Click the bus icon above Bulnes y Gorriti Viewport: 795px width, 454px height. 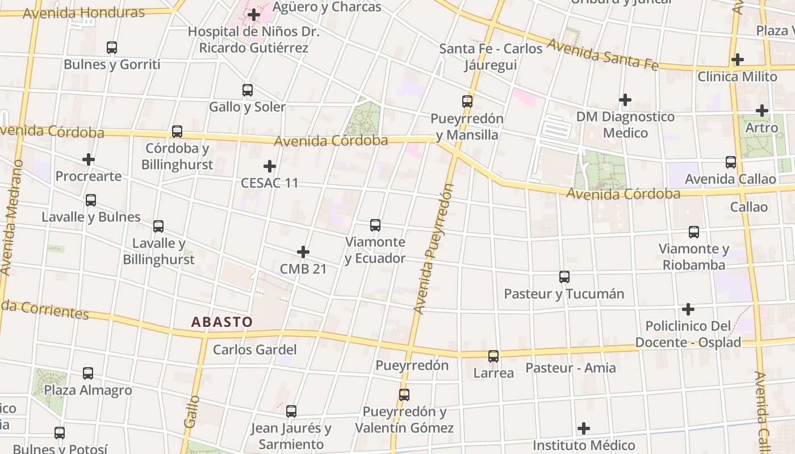pyautogui.click(x=112, y=48)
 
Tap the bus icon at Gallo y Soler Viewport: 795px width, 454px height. pyautogui.click(x=248, y=90)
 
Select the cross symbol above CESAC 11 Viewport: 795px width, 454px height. pyautogui.click(x=270, y=166)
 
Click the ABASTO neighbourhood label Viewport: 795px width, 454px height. pyautogui.click(x=222, y=322)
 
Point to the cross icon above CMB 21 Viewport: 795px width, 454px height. pyautogui.click(x=303, y=252)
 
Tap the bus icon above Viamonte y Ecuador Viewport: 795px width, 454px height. pyautogui.click(x=375, y=225)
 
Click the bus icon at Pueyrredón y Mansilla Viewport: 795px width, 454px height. pyautogui.click(x=467, y=102)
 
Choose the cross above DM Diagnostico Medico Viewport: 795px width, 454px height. pyautogui.click(x=625, y=100)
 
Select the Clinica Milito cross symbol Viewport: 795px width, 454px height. pyautogui.click(x=738, y=59)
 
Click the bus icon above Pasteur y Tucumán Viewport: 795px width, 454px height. pyautogui.click(x=564, y=277)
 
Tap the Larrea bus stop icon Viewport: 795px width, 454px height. pyautogui.click(x=493, y=356)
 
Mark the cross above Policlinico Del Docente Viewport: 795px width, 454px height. pyautogui.click(x=688, y=309)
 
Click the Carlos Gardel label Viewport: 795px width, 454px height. pyautogui.click(x=255, y=350)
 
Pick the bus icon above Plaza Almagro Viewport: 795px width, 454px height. pyautogui.click(x=88, y=373)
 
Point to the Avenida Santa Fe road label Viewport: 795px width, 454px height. pyautogui.click(x=602, y=55)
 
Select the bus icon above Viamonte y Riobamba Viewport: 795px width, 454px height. pyautogui.click(x=694, y=232)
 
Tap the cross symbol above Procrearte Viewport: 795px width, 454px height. pyautogui.click(x=89, y=159)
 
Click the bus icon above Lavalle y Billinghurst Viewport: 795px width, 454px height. pyautogui.click(x=158, y=226)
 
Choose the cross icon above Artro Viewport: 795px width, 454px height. pyautogui.click(x=762, y=111)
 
